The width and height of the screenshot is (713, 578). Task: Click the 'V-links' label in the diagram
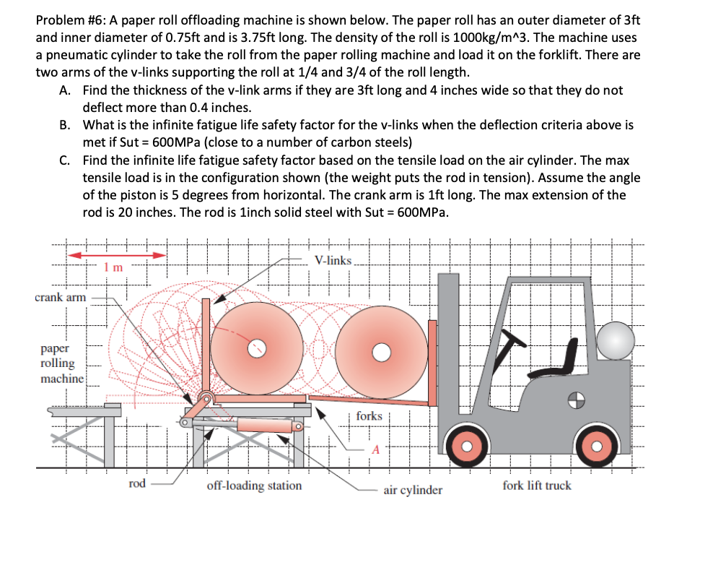pyautogui.click(x=333, y=260)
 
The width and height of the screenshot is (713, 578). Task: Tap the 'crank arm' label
pyautogui.click(x=61, y=298)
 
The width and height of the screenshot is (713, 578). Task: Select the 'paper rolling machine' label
pyautogui.click(x=62, y=363)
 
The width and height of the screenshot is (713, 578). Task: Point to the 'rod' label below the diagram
pyautogui.click(x=137, y=483)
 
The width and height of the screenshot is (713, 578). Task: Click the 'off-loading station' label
pyautogui.click(x=254, y=486)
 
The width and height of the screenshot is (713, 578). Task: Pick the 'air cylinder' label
pyautogui.click(x=413, y=490)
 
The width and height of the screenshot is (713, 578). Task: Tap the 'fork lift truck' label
pyautogui.click(x=536, y=486)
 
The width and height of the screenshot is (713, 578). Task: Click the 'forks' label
pyautogui.click(x=369, y=415)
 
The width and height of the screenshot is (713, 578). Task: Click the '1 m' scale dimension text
pyautogui.click(x=114, y=267)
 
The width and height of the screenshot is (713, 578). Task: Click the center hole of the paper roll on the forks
pyautogui.click(x=381, y=352)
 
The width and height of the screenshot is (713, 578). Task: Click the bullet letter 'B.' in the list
pyautogui.click(x=66, y=124)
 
